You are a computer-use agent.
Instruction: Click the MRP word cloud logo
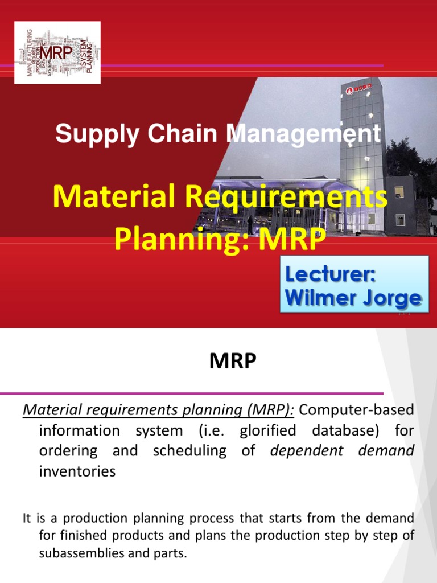point(57,52)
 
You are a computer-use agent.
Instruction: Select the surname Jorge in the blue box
point(391,298)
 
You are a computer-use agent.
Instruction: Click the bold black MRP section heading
point(233,362)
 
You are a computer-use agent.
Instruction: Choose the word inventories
point(77,471)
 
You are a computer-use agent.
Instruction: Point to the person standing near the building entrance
point(250,225)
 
